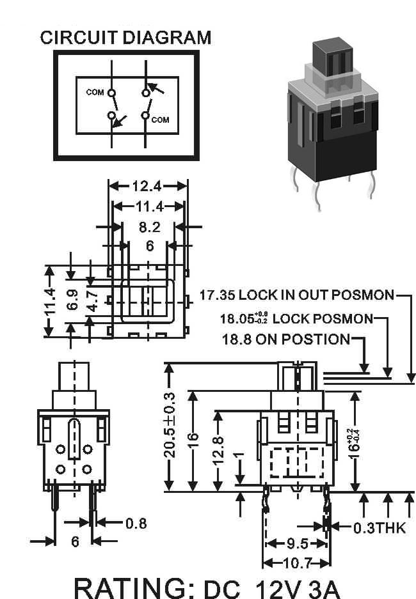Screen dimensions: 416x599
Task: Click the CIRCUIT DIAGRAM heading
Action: click(125, 38)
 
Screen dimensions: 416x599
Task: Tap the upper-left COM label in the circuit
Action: click(95, 92)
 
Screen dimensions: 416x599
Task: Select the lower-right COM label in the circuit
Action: click(160, 120)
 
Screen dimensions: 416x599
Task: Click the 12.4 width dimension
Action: click(147, 186)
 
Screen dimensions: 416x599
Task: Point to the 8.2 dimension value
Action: click(150, 228)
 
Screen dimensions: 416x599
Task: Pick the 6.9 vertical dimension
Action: click(72, 300)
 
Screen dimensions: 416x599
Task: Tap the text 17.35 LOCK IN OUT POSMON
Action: click(297, 295)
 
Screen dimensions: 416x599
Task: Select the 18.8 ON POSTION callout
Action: click(286, 339)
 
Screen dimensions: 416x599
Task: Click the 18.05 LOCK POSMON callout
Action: click(297, 318)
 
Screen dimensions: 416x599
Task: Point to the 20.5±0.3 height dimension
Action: click(170, 424)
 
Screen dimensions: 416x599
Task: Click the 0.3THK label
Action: click(380, 528)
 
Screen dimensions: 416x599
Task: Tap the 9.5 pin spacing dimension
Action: click(297, 543)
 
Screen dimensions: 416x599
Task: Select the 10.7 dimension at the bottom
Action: click(297, 563)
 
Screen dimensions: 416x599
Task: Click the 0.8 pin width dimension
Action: click(136, 523)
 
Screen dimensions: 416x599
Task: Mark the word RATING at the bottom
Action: click(134, 589)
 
